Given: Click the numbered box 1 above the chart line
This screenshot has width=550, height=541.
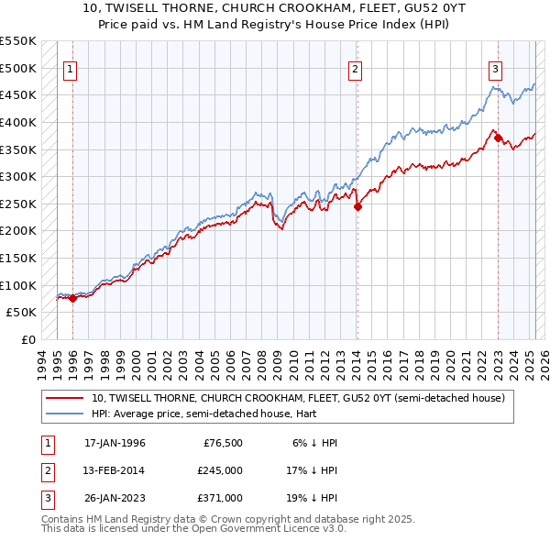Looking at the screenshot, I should (x=71, y=68).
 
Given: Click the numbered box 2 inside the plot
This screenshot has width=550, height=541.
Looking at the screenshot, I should (x=355, y=68).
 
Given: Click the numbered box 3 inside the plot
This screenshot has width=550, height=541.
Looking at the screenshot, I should (x=495, y=68).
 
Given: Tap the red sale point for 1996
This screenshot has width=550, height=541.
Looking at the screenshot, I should (x=72, y=298).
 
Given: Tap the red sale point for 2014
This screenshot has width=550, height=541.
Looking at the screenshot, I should (x=357, y=206).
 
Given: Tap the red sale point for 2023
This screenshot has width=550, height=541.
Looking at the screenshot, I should (x=499, y=138).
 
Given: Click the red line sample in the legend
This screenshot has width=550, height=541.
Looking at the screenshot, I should (x=65, y=398).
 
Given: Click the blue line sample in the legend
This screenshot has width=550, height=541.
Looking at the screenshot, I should (x=65, y=414).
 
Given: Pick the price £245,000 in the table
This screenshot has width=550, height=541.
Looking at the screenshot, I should (x=220, y=470).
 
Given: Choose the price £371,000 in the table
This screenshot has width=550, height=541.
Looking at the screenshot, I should (x=220, y=498).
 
